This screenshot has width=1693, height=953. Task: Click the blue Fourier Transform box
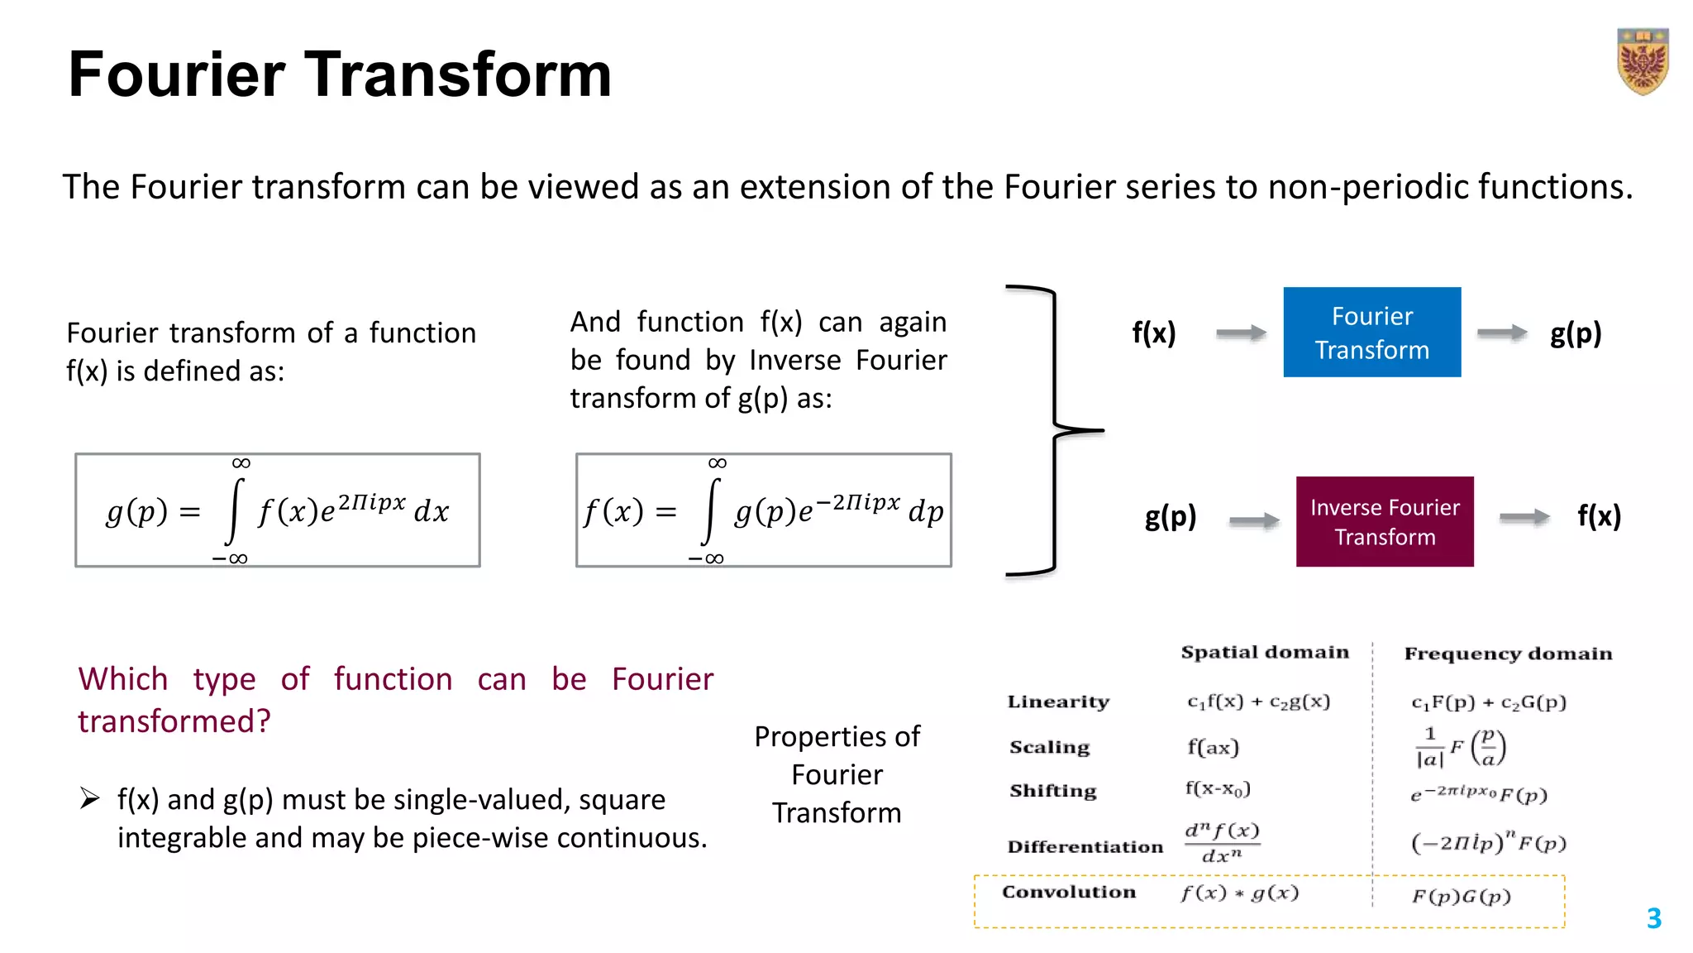pyautogui.click(x=1371, y=333)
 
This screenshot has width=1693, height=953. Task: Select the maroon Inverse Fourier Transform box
pyautogui.click(x=1385, y=521)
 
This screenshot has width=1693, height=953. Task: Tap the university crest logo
pyautogui.click(x=1643, y=62)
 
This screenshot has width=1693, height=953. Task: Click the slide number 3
pyautogui.click(x=1653, y=918)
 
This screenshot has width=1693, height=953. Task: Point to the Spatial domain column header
pyautogui.click(x=1264, y=652)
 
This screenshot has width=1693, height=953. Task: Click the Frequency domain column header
pyautogui.click(x=1508, y=654)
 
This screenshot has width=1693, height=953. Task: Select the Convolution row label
pyautogui.click(x=1068, y=892)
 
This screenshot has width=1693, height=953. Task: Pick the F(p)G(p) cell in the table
pyautogui.click(x=1461, y=897)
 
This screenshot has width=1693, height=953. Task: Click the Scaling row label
pyautogui.click(x=1049, y=747)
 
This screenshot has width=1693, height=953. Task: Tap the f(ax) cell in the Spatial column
pyautogui.click(x=1213, y=748)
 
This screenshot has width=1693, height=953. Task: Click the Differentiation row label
pyautogui.click(x=1085, y=846)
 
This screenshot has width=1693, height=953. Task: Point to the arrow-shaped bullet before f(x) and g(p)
pyautogui.click(x=89, y=798)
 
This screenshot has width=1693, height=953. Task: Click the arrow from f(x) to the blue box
pyautogui.click(x=1241, y=333)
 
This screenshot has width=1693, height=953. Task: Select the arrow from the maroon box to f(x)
pyautogui.click(x=1524, y=517)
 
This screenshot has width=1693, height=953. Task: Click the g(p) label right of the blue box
pyautogui.click(x=1576, y=333)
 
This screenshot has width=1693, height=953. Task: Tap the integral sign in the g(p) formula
pyautogui.click(x=236, y=510)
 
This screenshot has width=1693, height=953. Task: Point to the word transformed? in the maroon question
pyautogui.click(x=174, y=721)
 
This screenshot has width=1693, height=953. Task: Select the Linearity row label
pyautogui.click(x=1057, y=702)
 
